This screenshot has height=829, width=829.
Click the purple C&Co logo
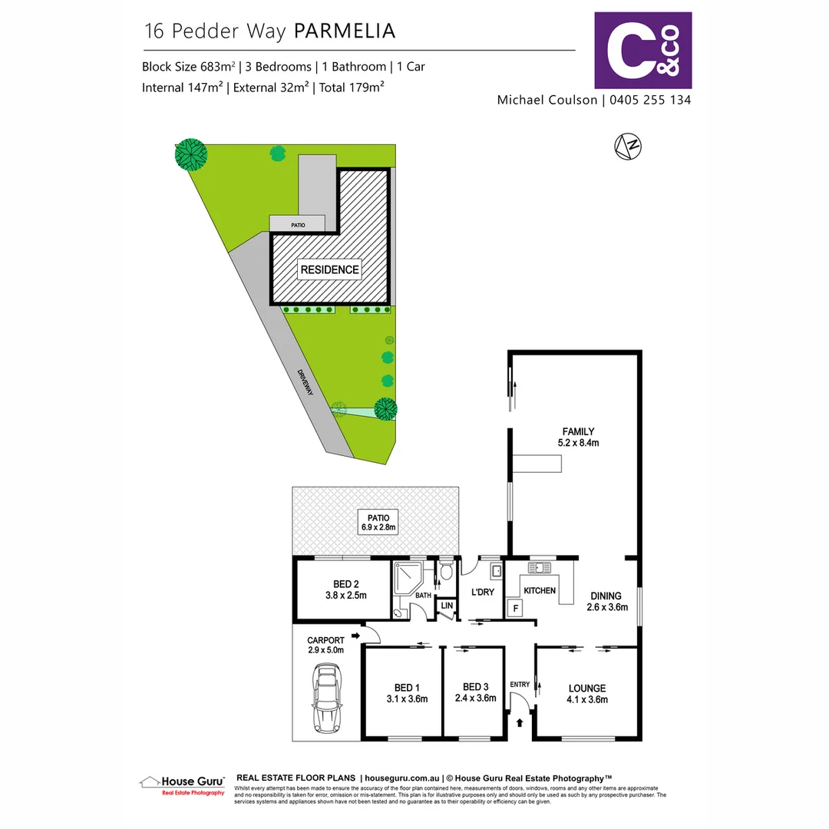click(x=643, y=51)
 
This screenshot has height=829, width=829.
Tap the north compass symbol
click(x=629, y=146)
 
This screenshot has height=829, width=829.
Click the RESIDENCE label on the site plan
click(x=329, y=269)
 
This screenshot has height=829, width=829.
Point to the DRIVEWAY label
click(x=307, y=381)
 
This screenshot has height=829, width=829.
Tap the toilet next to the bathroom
click(x=446, y=572)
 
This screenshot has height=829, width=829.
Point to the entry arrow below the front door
click(x=520, y=722)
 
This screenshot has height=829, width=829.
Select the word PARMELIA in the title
click(x=345, y=31)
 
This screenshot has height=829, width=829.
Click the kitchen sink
click(x=540, y=568)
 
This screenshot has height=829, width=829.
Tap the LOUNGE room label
click(x=587, y=688)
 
